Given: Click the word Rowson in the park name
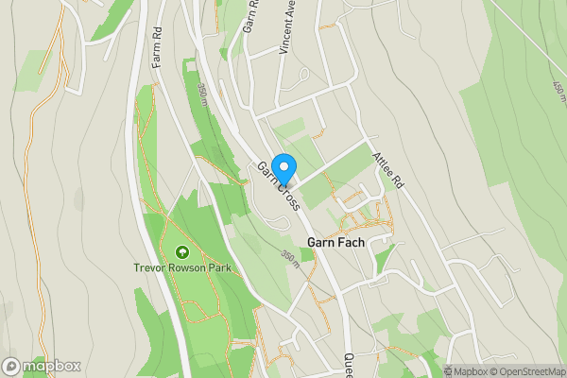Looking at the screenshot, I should [183, 267].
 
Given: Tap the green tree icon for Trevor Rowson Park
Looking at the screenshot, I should [180, 252].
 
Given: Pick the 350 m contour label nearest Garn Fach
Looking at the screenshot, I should [291, 257].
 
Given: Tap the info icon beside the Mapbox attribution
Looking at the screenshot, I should [448, 371].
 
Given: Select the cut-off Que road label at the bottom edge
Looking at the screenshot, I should [348, 364].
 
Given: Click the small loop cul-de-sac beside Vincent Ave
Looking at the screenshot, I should [302, 76].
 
